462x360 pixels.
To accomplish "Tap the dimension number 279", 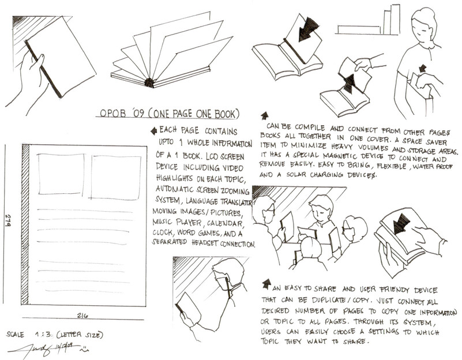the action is [x=7, y=220].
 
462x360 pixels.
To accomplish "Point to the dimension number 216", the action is [x=82, y=316].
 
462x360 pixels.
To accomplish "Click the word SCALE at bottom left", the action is [x=15, y=335].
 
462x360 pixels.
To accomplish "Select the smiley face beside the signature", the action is [x=84, y=349].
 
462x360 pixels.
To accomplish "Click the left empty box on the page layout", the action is [x=61, y=174].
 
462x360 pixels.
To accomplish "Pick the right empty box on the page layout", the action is [x=115, y=177].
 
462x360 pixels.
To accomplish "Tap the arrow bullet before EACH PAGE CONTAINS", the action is [x=154, y=131].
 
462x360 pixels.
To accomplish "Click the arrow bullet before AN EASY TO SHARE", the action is [x=266, y=284].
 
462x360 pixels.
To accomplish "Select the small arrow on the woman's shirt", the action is [x=423, y=68].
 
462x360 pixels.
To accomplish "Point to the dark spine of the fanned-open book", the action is [x=149, y=82].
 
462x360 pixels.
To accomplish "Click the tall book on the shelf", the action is [x=395, y=20].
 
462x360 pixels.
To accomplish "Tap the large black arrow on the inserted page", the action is [x=307, y=28].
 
